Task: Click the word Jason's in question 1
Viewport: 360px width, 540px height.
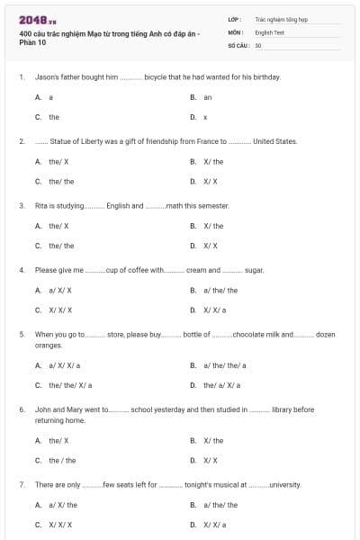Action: coord(46,77)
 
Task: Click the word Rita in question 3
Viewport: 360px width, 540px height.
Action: coord(40,205)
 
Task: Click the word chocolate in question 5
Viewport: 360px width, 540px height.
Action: coord(251,334)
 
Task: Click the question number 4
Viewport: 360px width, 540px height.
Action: coord(21,269)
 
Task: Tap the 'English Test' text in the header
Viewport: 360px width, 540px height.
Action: coord(269,31)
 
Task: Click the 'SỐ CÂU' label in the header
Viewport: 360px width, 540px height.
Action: coord(238,44)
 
